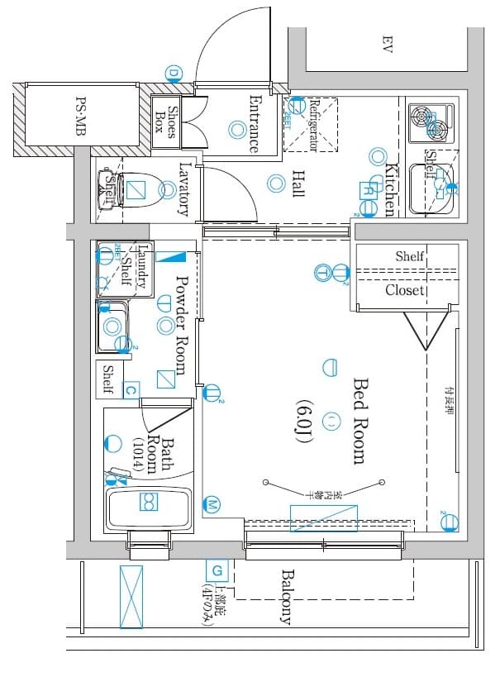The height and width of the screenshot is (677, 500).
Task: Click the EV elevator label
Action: (386, 43)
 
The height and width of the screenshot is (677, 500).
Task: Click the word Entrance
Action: (254, 124)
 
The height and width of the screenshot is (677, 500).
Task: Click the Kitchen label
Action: (393, 189)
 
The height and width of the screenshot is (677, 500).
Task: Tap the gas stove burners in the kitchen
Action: (431, 122)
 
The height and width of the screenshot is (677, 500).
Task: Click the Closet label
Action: (405, 290)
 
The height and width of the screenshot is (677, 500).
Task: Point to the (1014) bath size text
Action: (137, 455)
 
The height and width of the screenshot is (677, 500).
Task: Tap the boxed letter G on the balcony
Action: (217, 570)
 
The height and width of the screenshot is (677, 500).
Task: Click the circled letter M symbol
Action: (212, 504)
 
